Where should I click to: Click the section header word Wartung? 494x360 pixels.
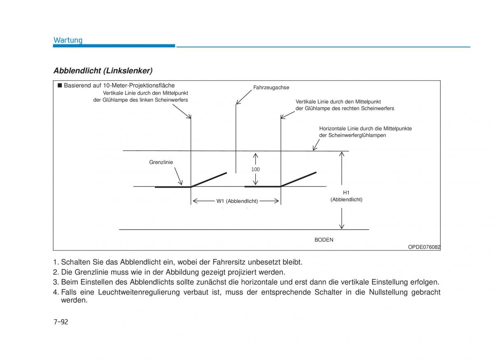pos(68,40)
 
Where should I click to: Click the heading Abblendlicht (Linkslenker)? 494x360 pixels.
pos(103,71)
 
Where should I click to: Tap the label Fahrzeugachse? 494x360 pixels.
pos(271,87)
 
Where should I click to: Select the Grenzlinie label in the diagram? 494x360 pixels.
pos(161,162)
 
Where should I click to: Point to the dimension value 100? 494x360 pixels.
pos(256,170)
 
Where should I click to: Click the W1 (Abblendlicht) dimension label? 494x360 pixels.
pos(237,201)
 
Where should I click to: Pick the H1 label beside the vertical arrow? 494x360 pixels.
pos(346,193)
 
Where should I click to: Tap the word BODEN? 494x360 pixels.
pos(324,239)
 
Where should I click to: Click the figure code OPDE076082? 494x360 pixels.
pos(424,247)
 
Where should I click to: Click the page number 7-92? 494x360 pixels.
pos(61,322)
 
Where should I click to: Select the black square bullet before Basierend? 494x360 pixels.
pos(59,85)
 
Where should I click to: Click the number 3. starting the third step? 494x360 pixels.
pos(56,282)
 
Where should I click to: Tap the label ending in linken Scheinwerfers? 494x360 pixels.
pos(141,100)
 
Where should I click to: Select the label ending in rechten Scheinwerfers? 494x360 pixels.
pos(345,108)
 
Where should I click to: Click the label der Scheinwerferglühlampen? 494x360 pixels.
pos(352,135)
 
